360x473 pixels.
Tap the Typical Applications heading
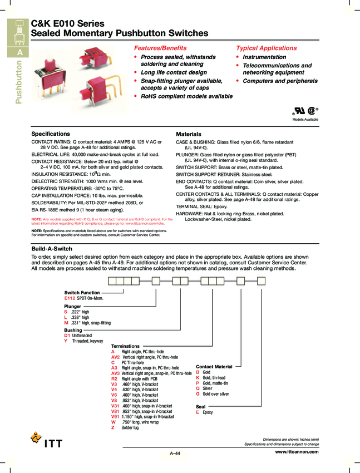tap(266, 48)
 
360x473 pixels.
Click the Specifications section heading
tap(51, 134)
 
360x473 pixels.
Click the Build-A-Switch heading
tap(52, 248)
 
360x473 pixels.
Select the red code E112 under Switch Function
tap(70, 298)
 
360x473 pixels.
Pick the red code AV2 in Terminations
tap(115, 357)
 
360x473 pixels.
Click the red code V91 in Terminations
tap(115, 416)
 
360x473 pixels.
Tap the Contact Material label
tap(214, 367)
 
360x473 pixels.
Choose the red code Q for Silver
tap(198, 388)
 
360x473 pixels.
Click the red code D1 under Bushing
tap(67, 336)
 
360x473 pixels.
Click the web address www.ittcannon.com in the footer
tap(297, 452)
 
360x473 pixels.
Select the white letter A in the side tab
tap(20, 52)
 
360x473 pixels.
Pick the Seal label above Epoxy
tap(201, 407)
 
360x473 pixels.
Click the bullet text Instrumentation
tap(264, 57)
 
